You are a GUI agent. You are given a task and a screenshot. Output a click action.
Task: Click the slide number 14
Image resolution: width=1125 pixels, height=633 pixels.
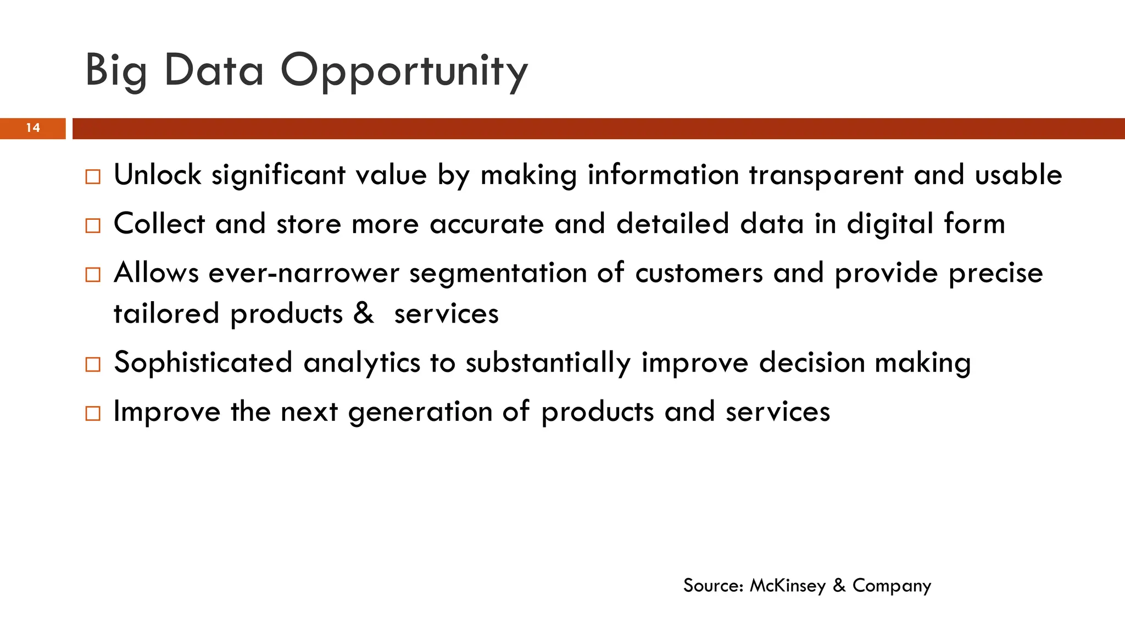(33, 128)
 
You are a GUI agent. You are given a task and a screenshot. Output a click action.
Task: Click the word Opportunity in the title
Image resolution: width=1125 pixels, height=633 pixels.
(404, 71)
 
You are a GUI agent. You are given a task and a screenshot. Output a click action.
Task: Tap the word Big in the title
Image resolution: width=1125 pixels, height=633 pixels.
(116, 71)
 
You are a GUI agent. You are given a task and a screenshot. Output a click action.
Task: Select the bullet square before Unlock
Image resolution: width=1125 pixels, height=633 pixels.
(93, 177)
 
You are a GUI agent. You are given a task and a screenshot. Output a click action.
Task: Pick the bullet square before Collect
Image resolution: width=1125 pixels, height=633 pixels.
(93, 226)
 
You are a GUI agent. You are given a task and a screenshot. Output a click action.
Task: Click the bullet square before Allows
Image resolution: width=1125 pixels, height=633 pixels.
(93, 275)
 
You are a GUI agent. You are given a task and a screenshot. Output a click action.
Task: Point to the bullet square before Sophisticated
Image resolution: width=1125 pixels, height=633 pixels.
(93, 364)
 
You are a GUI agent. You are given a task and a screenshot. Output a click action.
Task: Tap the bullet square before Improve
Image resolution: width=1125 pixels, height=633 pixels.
(93, 413)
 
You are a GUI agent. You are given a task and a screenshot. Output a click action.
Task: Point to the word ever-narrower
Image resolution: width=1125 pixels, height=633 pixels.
(304, 273)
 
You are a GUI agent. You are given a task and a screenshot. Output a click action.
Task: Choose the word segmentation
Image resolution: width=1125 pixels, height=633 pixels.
(498, 273)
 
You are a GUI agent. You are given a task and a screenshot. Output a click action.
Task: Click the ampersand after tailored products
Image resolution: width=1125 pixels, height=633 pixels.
(363, 313)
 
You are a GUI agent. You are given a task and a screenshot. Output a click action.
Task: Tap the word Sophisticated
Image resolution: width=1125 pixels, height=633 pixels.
(203, 363)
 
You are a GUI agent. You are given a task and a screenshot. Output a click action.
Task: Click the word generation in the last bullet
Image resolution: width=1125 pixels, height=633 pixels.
(420, 412)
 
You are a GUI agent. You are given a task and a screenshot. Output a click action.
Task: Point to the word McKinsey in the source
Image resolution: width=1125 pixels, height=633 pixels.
(788, 586)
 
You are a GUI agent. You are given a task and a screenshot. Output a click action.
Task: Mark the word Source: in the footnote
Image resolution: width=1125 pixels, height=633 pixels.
(713, 586)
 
